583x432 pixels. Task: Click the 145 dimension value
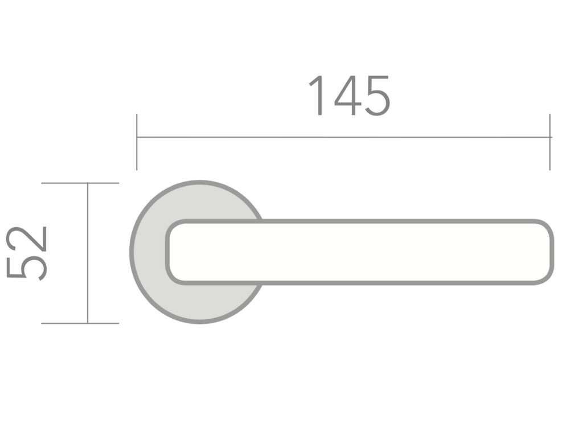coord(350,96)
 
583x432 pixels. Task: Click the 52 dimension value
coord(26,253)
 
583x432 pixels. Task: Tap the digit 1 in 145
coord(317,96)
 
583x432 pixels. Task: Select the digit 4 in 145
coord(348,96)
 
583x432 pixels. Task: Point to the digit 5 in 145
coord(377,96)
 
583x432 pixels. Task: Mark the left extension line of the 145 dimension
coord(137,142)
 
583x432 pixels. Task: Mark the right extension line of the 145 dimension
coord(549,142)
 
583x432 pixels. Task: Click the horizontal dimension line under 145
coord(344,137)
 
